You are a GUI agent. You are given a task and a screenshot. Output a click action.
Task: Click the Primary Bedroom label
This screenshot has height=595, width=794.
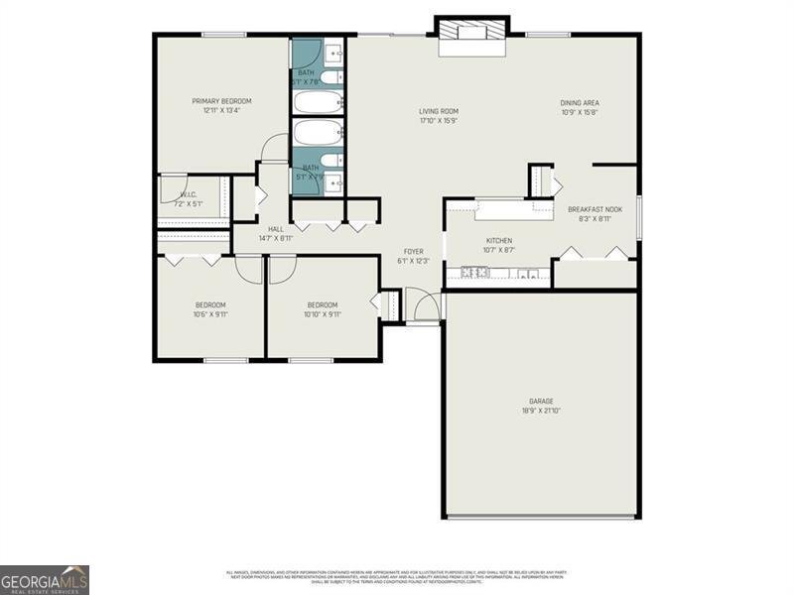(x=221, y=101)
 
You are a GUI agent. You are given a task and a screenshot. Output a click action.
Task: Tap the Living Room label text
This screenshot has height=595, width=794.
(x=438, y=112)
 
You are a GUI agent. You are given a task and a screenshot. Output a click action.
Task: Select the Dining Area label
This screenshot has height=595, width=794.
(x=580, y=102)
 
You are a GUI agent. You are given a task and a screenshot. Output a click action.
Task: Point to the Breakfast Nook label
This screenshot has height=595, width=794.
(x=595, y=209)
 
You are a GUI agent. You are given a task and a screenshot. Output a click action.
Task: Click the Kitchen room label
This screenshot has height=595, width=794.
(x=498, y=241)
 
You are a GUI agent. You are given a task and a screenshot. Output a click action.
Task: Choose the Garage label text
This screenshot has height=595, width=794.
(x=541, y=401)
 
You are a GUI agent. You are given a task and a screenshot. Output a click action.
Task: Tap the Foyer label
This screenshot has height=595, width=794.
(x=414, y=251)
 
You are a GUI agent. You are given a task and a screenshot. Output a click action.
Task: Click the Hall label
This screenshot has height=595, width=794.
(x=275, y=229)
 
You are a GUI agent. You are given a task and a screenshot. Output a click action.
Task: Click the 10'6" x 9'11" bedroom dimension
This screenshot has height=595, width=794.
(x=210, y=314)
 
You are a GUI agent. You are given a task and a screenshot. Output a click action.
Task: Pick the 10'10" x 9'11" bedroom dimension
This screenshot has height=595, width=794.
(x=322, y=314)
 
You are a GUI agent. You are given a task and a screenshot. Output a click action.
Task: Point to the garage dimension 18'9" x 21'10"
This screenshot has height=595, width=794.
(x=541, y=411)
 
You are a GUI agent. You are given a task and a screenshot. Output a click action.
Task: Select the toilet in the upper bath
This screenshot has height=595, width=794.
(x=331, y=77)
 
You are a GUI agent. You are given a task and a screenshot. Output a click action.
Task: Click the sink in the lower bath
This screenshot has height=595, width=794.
(x=334, y=182)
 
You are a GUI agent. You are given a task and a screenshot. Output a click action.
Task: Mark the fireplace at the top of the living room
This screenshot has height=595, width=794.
(x=473, y=30)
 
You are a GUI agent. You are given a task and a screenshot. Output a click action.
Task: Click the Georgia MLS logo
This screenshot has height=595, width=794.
(x=45, y=579)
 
